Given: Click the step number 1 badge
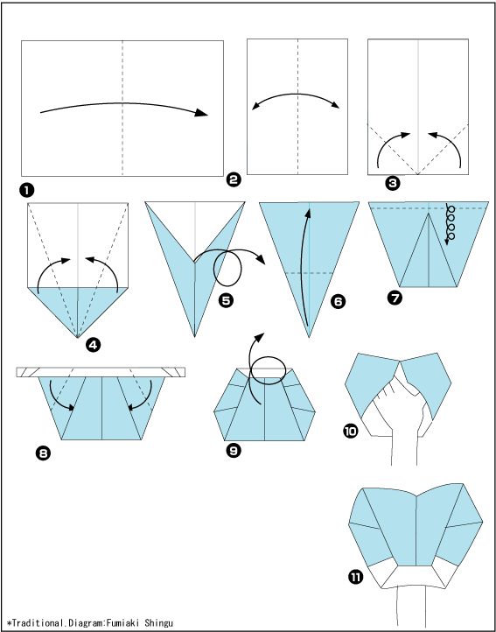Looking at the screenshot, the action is [26, 191].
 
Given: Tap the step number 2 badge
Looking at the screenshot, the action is [234, 179].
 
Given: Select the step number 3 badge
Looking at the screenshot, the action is [393, 184].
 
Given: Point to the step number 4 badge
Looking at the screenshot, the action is [93, 345].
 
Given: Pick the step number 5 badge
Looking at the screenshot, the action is [225, 301].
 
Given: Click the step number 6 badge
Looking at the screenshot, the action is [338, 301].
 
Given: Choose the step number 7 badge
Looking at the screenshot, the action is [395, 298].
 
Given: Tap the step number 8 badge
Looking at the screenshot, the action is [43, 454].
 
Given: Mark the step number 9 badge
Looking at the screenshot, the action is [234, 451].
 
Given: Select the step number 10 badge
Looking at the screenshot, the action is [350, 432].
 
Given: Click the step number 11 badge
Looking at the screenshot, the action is [354, 578].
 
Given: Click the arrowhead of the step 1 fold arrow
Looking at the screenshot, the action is [201, 113].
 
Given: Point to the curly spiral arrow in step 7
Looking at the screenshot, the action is [450, 224].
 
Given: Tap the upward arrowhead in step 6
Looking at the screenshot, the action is [308, 214].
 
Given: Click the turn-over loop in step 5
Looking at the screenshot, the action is [227, 269].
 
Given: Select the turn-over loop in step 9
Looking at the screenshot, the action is [269, 370].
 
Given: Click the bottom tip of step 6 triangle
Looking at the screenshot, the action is [309, 337].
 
